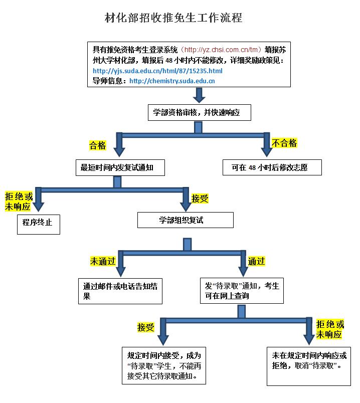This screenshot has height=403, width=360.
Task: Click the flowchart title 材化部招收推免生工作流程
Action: [173, 18]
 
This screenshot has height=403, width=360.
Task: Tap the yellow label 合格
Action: [97, 145]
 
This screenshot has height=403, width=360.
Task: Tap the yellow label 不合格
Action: [284, 143]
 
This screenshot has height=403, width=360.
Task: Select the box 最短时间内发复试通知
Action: [120, 168]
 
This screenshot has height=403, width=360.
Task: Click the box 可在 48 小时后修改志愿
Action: [271, 168]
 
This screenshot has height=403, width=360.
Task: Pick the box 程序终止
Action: [38, 223]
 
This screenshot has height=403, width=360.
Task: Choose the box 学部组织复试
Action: [185, 220]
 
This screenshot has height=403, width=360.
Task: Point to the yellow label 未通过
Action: [103, 261]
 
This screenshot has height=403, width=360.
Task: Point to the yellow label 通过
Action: [256, 261]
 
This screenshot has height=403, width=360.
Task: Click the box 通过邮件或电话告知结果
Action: [120, 291]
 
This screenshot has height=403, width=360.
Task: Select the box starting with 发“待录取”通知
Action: [242, 291]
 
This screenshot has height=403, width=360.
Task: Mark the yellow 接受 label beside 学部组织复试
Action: [200, 198]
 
